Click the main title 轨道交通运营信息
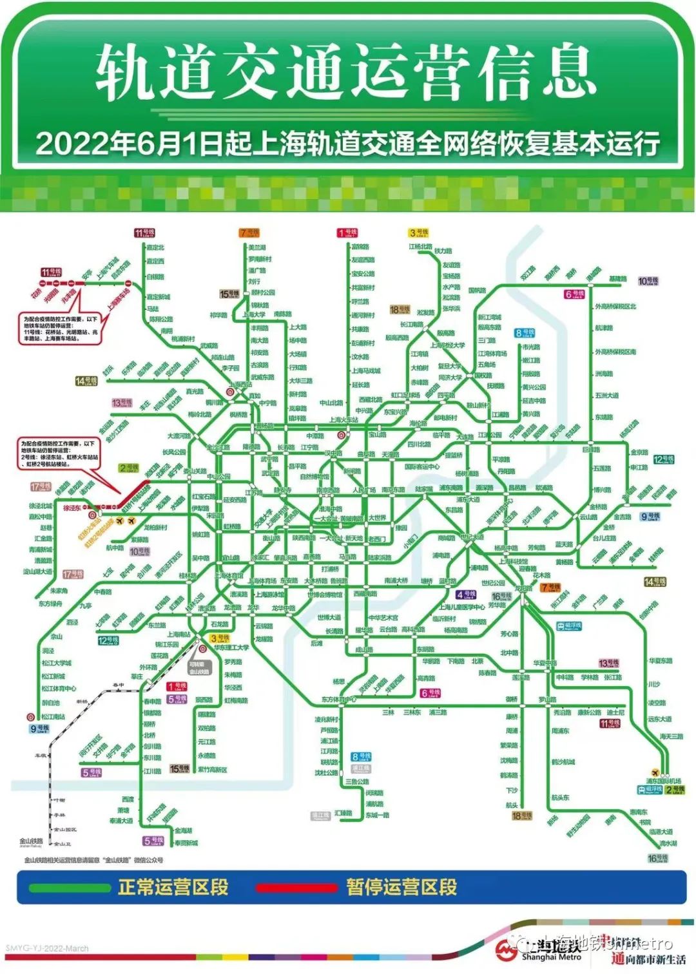click(x=346, y=72)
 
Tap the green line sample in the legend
click(x=69, y=887)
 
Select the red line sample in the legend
click(x=296, y=888)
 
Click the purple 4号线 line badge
click(x=465, y=595)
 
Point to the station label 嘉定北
click(x=155, y=247)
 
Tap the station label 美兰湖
click(x=257, y=247)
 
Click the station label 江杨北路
click(x=420, y=247)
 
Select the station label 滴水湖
click(x=668, y=843)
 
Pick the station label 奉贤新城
click(x=186, y=843)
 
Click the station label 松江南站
click(x=53, y=716)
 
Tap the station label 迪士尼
click(x=615, y=712)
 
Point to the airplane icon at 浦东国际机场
click(x=655, y=772)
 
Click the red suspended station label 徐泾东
click(x=72, y=508)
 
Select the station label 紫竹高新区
click(x=212, y=770)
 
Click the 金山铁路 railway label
click(x=31, y=841)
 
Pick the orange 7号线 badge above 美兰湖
click(x=249, y=233)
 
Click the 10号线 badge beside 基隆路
click(x=648, y=281)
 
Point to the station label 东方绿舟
click(x=50, y=604)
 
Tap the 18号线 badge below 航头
click(x=521, y=816)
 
